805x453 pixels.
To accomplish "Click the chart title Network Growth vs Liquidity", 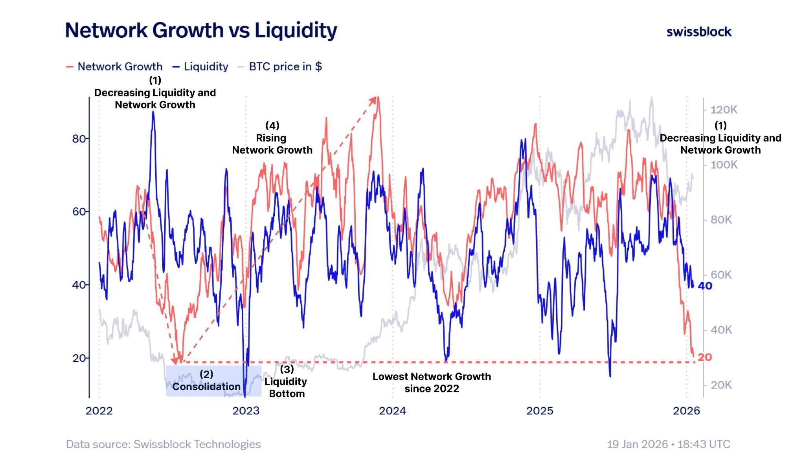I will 201,30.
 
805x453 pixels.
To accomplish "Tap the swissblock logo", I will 698,32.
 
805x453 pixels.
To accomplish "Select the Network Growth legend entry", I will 114,66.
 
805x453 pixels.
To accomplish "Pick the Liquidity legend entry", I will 201,66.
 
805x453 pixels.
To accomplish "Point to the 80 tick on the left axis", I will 79,139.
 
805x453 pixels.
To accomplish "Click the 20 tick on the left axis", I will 79,358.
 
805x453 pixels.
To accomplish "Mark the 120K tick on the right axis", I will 724,110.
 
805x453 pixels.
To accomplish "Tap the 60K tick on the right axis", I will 721,275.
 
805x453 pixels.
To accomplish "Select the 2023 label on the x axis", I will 246,411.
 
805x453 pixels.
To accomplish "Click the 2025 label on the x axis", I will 539,411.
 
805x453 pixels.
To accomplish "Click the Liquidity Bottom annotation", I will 286,381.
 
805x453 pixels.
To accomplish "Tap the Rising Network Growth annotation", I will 272,138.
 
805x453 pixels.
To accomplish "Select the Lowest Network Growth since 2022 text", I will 432,383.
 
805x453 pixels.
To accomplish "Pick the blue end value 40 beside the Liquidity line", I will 705,286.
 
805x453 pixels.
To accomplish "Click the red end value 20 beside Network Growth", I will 704,357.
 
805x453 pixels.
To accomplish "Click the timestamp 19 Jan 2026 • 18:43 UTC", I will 668,444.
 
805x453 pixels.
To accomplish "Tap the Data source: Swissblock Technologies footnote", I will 163,444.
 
